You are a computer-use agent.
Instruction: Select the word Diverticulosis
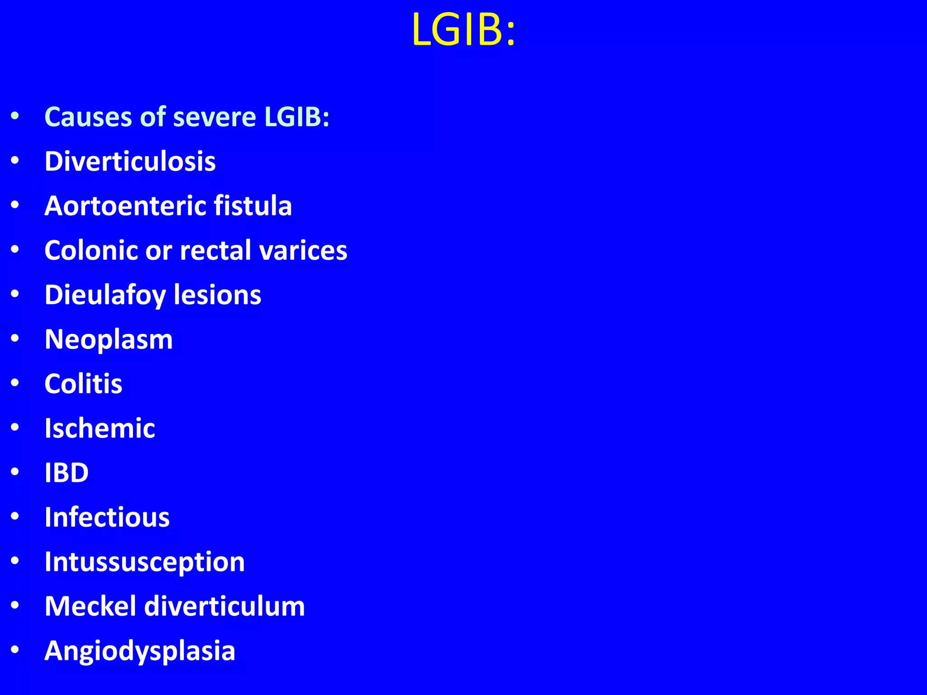coord(130,161)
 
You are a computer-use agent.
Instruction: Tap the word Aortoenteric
coord(125,206)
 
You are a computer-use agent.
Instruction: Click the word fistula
coord(253,206)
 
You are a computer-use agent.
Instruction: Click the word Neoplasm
coord(109,339)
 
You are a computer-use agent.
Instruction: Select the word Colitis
coord(83,384)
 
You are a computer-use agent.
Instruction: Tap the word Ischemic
coord(100,428)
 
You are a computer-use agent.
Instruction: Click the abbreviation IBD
coord(67,473)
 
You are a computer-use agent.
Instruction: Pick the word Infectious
coord(107,517)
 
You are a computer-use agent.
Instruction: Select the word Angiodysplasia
coord(140,651)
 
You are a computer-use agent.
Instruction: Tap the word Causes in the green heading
coord(88,117)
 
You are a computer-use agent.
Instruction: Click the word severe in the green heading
coord(215,117)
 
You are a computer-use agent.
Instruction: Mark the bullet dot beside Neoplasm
coord(15,338)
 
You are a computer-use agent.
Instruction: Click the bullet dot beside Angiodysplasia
coord(15,650)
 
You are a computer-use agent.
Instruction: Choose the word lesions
coord(217,295)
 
